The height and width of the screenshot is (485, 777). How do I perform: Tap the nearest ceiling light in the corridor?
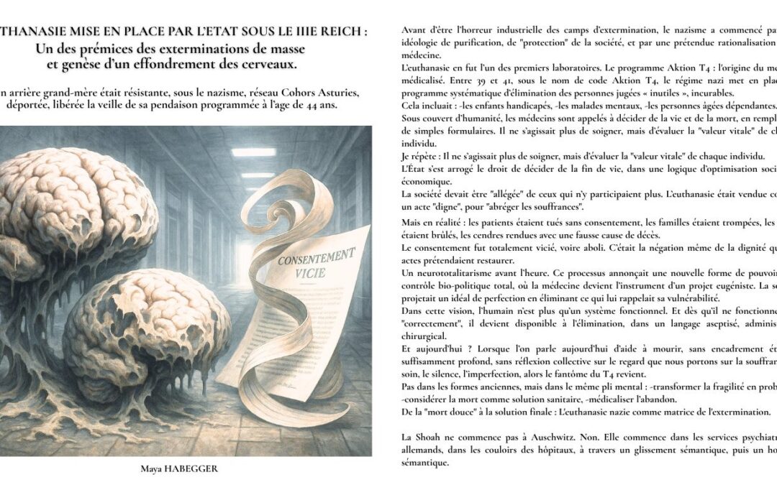tap(253, 152)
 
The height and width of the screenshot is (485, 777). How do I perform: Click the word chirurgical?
tap(424, 336)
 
